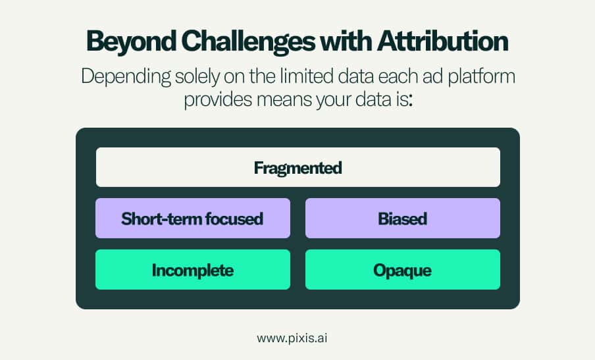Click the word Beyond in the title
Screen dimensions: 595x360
pos(131,41)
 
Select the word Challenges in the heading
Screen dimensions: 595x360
pos(248,41)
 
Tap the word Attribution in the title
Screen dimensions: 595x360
pos(443,41)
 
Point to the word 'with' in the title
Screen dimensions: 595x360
pos(346,41)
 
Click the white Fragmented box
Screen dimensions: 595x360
pos(298,167)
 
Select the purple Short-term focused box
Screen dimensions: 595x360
pos(193,218)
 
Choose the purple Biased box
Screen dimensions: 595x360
pos(403,218)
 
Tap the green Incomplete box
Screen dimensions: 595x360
pos(193,270)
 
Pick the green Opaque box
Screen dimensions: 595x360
pos(403,270)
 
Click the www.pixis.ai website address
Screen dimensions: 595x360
pos(292,338)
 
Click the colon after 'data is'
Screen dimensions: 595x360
pos(410,101)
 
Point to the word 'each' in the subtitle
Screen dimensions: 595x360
pos(397,76)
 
